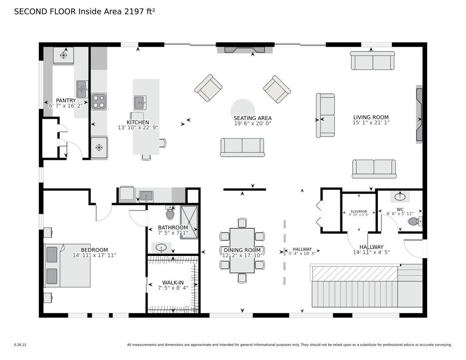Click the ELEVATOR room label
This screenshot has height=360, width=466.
(x=359, y=211)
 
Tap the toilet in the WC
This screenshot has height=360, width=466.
(x=414, y=221)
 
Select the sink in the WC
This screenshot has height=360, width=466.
(x=400, y=196)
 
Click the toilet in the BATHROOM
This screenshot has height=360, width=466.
(x=170, y=214)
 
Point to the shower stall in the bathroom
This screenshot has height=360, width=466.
(x=189, y=222)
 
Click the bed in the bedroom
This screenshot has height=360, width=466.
(x=67, y=265)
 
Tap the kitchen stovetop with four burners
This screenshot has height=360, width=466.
(x=98, y=101)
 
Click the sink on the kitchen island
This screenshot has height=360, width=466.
(x=140, y=101)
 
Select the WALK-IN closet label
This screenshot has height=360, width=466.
(x=173, y=282)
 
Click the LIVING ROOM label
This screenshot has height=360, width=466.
(x=370, y=117)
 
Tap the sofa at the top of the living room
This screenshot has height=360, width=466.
(x=372, y=60)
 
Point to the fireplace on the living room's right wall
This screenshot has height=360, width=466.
(x=419, y=113)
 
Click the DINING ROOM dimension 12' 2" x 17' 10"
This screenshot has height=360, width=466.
(x=242, y=255)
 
